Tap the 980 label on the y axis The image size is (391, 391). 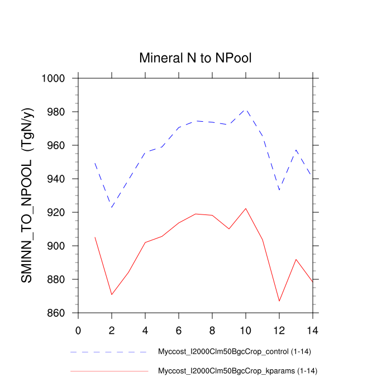coord(58,112)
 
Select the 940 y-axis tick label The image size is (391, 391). coord(58,179)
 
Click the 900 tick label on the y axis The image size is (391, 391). coord(58,246)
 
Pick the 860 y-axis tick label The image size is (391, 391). coord(58,313)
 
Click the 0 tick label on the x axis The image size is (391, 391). coord(78,330)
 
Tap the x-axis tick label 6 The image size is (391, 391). coord(179,330)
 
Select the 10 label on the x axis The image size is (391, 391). coord(246,330)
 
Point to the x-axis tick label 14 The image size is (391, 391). coord(313,330)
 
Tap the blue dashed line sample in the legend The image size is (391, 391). coord(109,352)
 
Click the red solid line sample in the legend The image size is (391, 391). coord(109,371)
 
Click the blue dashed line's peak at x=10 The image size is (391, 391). coord(246,109)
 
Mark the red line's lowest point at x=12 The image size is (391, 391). coord(279,301)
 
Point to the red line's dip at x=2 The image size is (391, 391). coord(112,294)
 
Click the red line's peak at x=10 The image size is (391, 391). coord(246,208)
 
